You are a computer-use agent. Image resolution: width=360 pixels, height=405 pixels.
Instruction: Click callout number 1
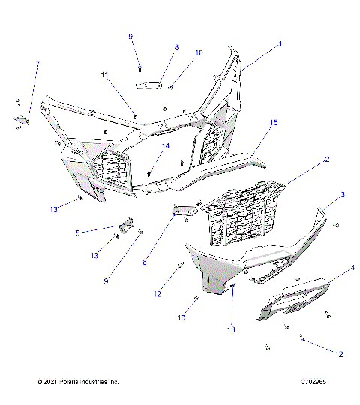(x=280, y=44)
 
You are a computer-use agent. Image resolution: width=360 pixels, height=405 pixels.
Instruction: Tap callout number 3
(x=343, y=195)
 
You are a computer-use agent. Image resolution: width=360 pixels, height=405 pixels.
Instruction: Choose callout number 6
(x=145, y=262)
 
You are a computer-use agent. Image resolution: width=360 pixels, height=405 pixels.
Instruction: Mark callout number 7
(x=38, y=64)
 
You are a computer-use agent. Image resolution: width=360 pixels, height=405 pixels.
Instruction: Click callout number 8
(x=176, y=47)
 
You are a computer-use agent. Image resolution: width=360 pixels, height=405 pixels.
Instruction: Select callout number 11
(x=106, y=74)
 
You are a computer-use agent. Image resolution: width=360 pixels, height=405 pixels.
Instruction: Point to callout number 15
(x=274, y=122)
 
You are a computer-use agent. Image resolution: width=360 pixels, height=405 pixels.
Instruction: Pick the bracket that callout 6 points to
(x=183, y=213)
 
